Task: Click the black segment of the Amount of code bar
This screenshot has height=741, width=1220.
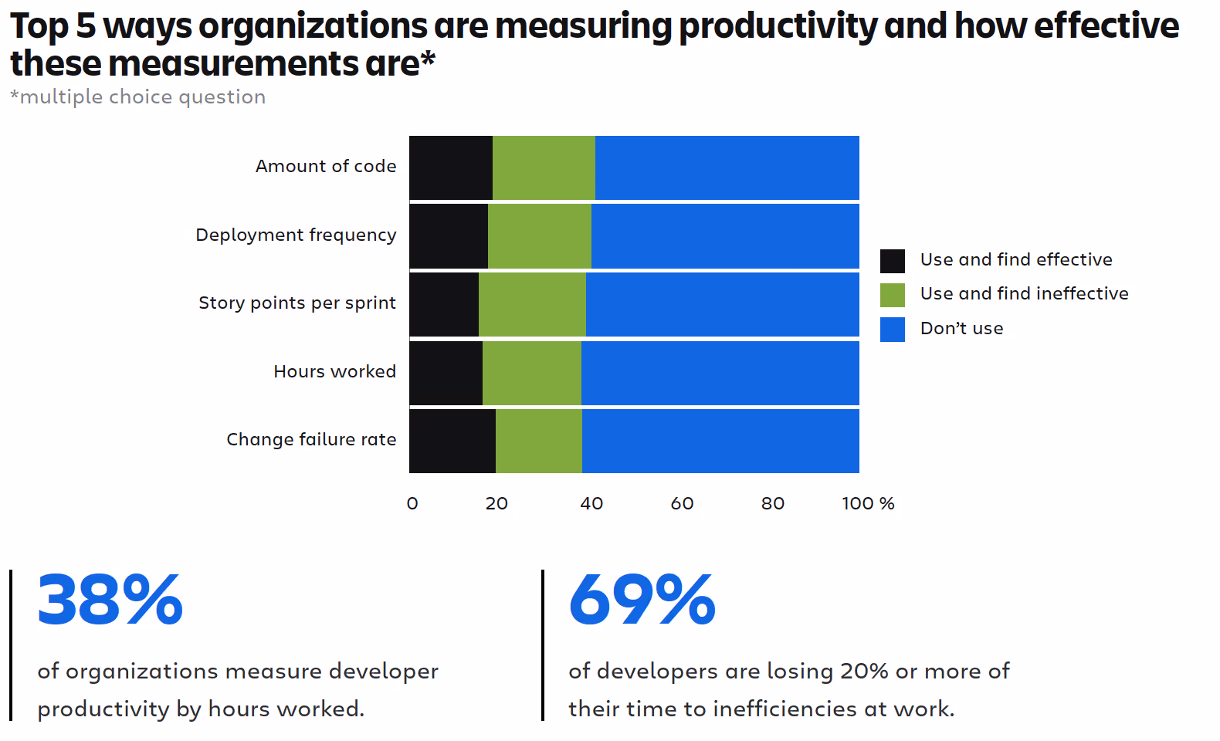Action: coord(451,167)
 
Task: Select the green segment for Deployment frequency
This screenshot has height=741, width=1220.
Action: coord(540,236)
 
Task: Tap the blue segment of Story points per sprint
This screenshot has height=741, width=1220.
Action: coord(723,304)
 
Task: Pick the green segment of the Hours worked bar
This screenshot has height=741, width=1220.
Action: coord(531,373)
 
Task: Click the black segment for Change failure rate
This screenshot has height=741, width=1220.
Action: coord(452,441)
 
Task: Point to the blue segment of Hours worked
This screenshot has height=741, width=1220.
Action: coord(720,373)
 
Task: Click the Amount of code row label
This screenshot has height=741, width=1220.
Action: coord(326,166)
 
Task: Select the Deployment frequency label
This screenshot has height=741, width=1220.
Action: coord(296,235)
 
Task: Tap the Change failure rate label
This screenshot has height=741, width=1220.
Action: coord(311,439)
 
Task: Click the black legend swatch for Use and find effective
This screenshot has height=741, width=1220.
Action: coord(892,261)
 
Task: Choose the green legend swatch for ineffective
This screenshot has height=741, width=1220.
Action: coord(892,295)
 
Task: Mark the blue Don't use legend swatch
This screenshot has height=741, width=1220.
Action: coord(892,330)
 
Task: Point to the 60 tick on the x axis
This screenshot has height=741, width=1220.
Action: coord(682,503)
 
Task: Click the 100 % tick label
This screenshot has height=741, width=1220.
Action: coord(868,503)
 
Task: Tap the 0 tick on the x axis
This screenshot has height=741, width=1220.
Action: coord(412,503)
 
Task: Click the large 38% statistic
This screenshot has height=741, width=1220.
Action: coord(110,599)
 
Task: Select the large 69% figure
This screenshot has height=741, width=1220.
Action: coord(642,599)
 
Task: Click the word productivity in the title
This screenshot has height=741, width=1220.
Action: coord(778,26)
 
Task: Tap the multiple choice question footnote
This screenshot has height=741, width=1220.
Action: coord(137,97)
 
